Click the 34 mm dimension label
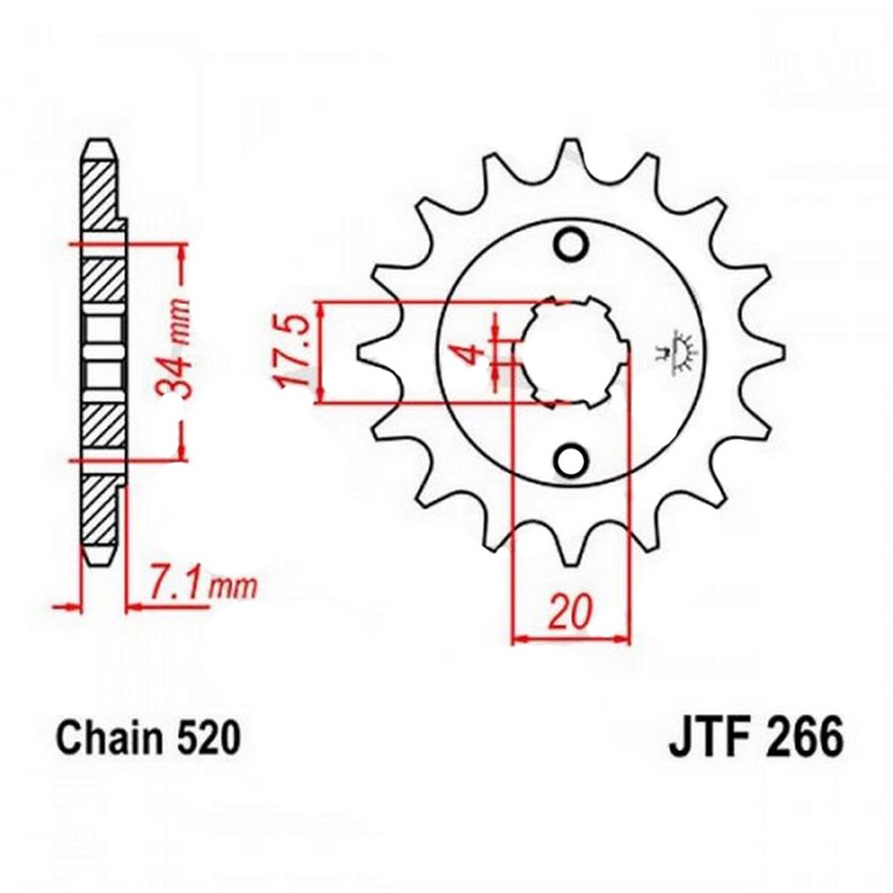coord(173,348)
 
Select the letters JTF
coord(705,739)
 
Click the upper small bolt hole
coord(571,245)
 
